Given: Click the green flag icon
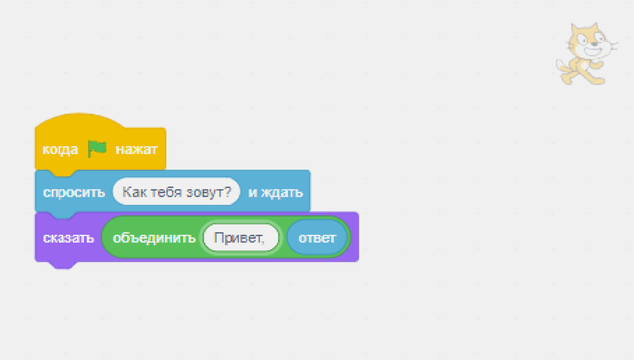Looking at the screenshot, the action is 97,148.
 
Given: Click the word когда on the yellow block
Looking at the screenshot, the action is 60,149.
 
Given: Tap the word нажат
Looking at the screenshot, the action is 136,149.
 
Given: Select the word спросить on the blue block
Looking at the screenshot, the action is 74,193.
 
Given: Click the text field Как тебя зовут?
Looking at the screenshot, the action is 176,192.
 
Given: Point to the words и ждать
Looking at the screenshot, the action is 275,193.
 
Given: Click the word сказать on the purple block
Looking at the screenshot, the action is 68,238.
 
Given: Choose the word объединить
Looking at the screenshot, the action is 154,238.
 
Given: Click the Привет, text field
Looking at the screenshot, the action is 240,237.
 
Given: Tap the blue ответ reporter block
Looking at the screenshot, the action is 317,237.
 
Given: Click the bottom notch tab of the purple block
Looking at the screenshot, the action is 63,265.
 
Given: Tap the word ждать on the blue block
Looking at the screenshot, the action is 282,193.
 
